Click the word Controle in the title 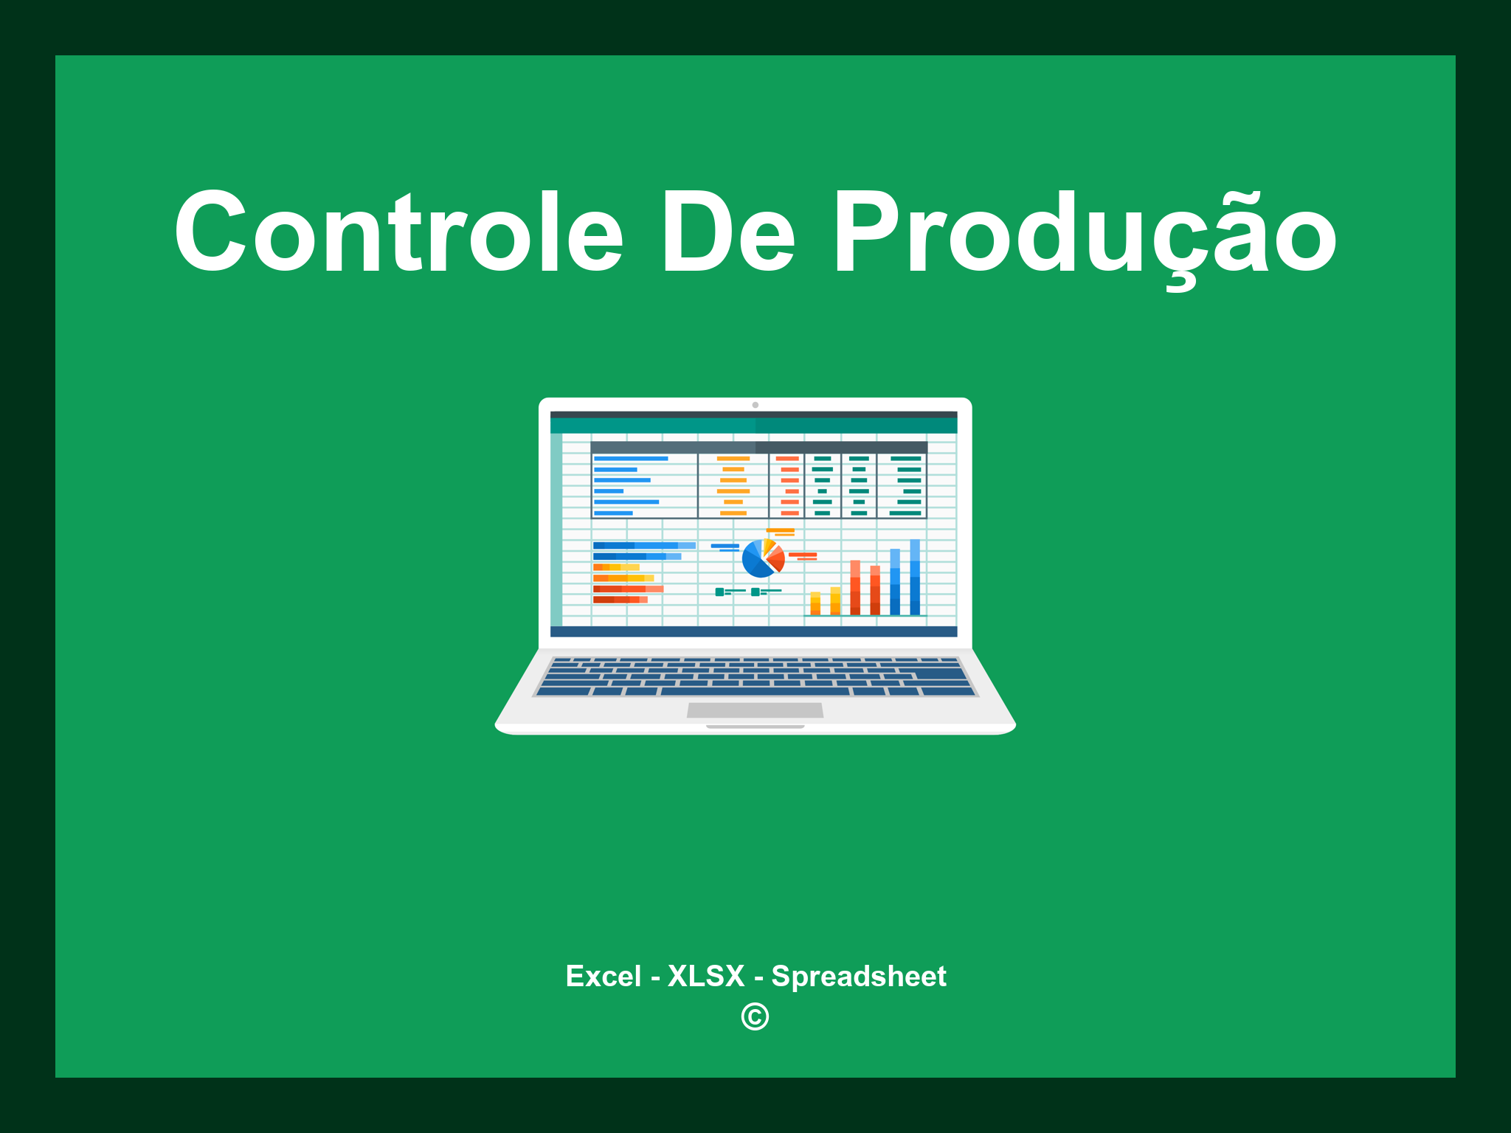pyautogui.click(x=398, y=232)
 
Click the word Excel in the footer pyautogui.click(x=603, y=977)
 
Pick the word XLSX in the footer pyautogui.click(x=706, y=977)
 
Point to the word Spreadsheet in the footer pyautogui.click(x=858, y=977)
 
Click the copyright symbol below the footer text pyautogui.click(x=755, y=1017)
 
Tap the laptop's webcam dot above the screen pyautogui.click(x=755, y=405)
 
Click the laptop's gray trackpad pyautogui.click(x=755, y=710)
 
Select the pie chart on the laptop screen pyautogui.click(x=762, y=559)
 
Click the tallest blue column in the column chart pyautogui.click(x=915, y=577)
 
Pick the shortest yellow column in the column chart pyautogui.click(x=815, y=603)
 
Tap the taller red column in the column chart pyautogui.click(x=855, y=587)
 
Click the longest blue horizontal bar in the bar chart pyautogui.click(x=643, y=546)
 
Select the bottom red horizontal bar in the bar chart pyautogui.click(x=620, y=600)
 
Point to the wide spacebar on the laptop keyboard pyautogui.click(x=754, y=692)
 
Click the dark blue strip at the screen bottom pyautogui.click(x=753, y=632)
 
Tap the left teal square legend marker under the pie pyautogui.click(x=719, y=592)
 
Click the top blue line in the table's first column pyautogui.click(x=631, y=459)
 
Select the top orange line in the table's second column pyautogui.click(x=733, y=459)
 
